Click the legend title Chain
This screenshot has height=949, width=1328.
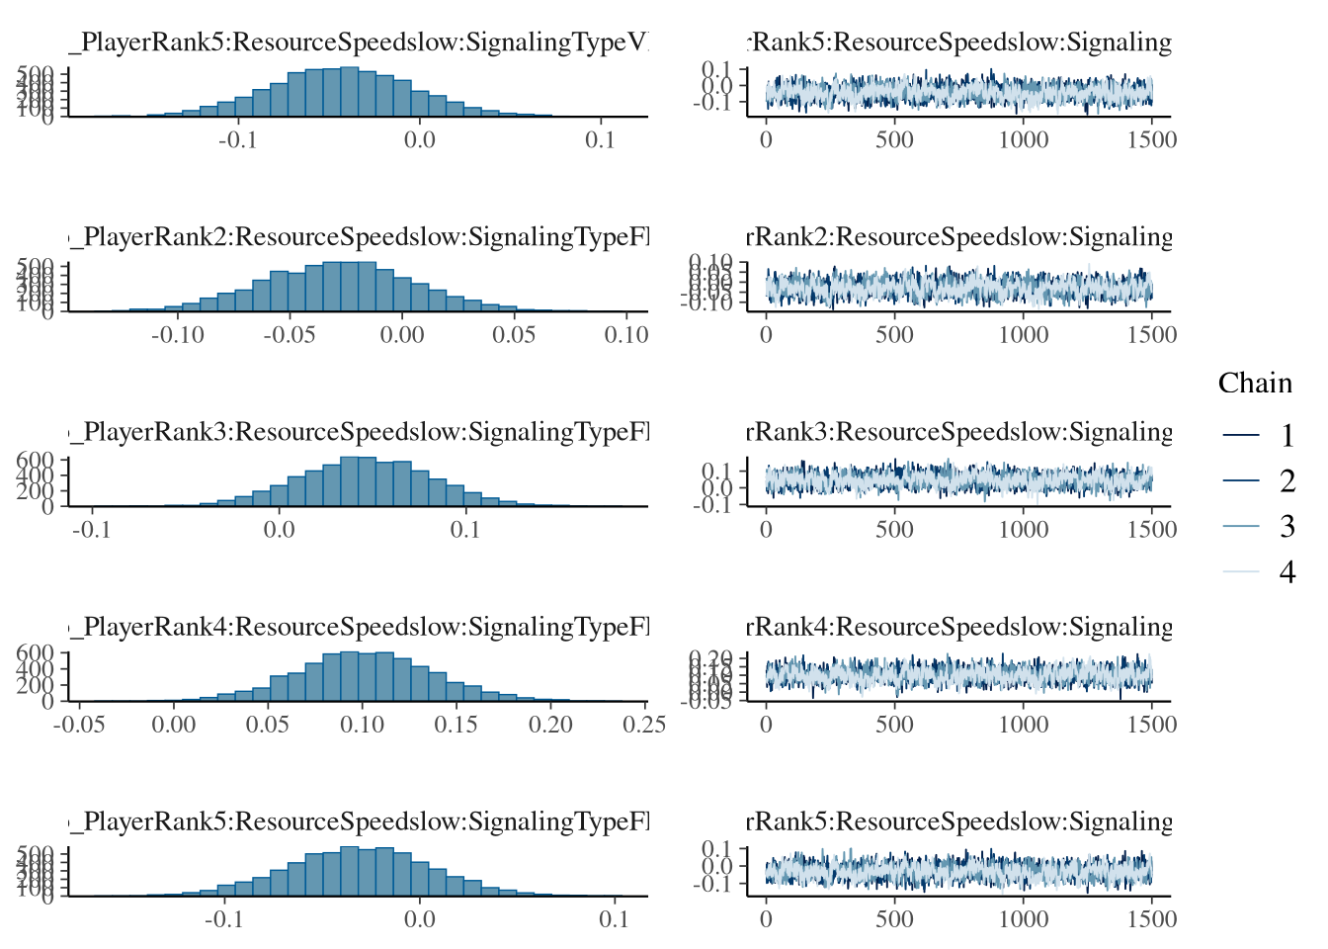click(x=1255, y=384)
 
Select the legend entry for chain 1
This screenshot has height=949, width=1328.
click(x=1286, y=435)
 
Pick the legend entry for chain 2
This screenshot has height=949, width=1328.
click(x=1286, y=480)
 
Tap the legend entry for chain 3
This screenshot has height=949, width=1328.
click(x=1286, y=526)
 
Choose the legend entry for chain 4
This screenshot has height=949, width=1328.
click(x=1286, y=571)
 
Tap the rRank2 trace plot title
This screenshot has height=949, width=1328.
click(x=958, y=237)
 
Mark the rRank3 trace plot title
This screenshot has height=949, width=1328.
click(x=958, y=432)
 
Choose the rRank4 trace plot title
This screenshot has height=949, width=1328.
click(x=958, y=627)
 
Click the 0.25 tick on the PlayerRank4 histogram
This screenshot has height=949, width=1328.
click(x=644, y=725)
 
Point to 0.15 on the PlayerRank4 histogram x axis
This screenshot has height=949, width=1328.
click(x=456, y=725)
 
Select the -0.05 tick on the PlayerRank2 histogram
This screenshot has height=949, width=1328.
click(x=290, y=335)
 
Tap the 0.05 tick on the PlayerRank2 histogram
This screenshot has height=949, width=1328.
click(x=514, y=335)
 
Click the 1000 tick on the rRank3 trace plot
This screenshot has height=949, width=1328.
click(x=1023, y=530)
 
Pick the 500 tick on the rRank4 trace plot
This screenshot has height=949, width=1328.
click(x=894, y=725)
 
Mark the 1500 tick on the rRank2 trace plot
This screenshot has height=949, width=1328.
click(x=1152, y=335)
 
